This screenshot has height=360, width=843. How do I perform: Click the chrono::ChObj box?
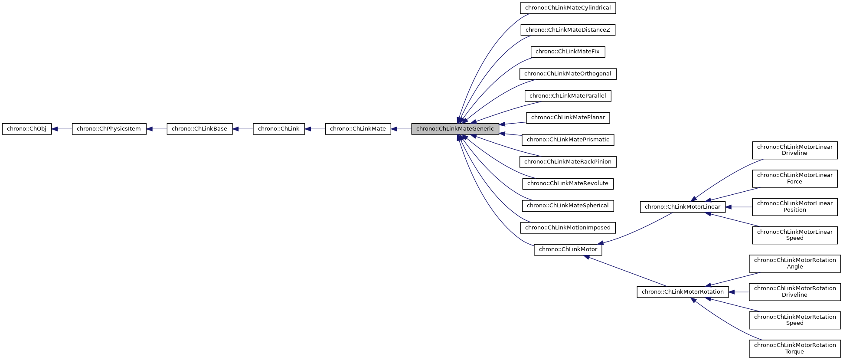tap(27, 129)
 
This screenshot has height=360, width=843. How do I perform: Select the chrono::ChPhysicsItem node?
tap(109, 129)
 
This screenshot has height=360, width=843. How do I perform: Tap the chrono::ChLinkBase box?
tap(199, 129)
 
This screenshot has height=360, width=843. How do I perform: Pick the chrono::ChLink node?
tap(279, 129)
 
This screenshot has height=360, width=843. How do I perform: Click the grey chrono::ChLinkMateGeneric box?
tap(455, 129)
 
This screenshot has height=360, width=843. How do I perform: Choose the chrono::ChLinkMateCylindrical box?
tap(568, 8)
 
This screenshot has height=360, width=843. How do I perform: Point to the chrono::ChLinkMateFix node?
tap(568, 52)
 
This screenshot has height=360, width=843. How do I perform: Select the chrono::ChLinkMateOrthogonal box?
tap(568, 74)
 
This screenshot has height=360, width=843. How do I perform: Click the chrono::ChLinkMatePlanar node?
tap(568, 118)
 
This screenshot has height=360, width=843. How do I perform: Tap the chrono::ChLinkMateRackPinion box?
tap(568, 162)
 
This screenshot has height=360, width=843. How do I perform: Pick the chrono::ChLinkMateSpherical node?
tap(568, 206)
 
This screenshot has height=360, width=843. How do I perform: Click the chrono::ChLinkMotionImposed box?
tap(568, 228)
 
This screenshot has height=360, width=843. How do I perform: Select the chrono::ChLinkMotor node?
tap(568, 249)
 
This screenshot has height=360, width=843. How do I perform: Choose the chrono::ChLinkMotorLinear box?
tap(682, 207)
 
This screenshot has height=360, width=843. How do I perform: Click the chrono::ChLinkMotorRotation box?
tap(682, 292)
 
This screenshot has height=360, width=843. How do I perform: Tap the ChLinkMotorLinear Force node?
tap(794, 178)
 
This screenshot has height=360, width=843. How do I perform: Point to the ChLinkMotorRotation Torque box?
tap(794, 348)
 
